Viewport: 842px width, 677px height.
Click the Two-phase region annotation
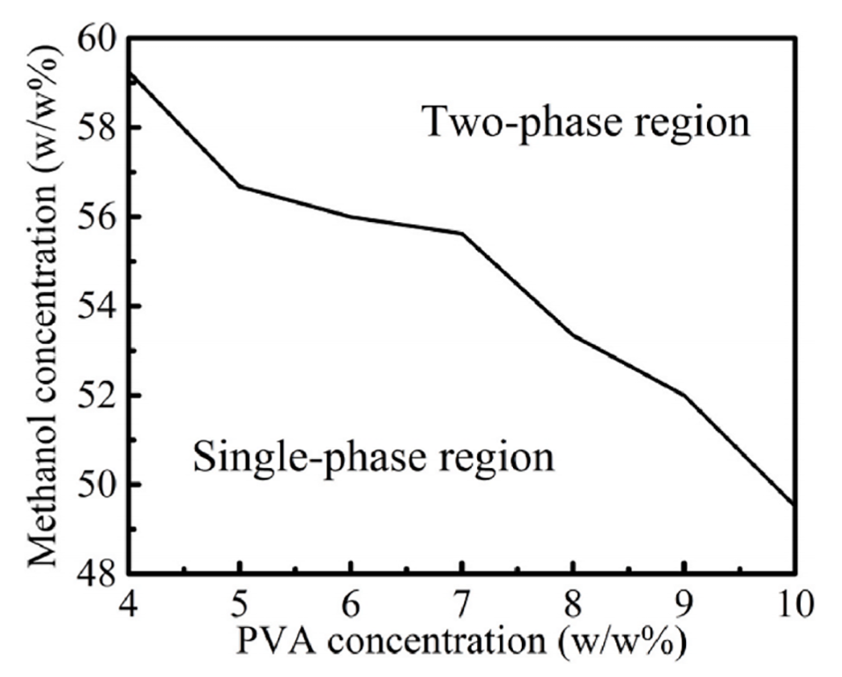tap(586, 123)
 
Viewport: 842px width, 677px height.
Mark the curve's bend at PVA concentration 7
tap(462, 234)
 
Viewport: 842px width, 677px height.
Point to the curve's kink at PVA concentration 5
tap(241, 186)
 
